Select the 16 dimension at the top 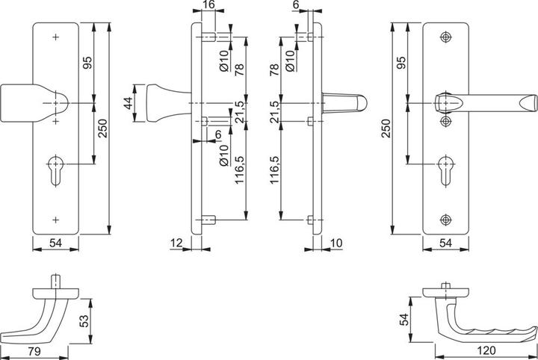point(208,6)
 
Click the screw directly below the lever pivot point(446,120)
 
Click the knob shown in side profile point(165,102)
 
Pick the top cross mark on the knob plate point(56,37)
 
